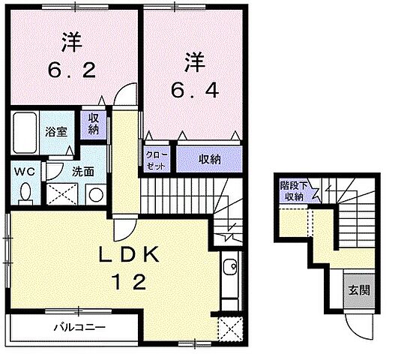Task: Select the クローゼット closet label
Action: pos(156,159)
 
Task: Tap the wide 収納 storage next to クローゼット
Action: pos(209,159)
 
